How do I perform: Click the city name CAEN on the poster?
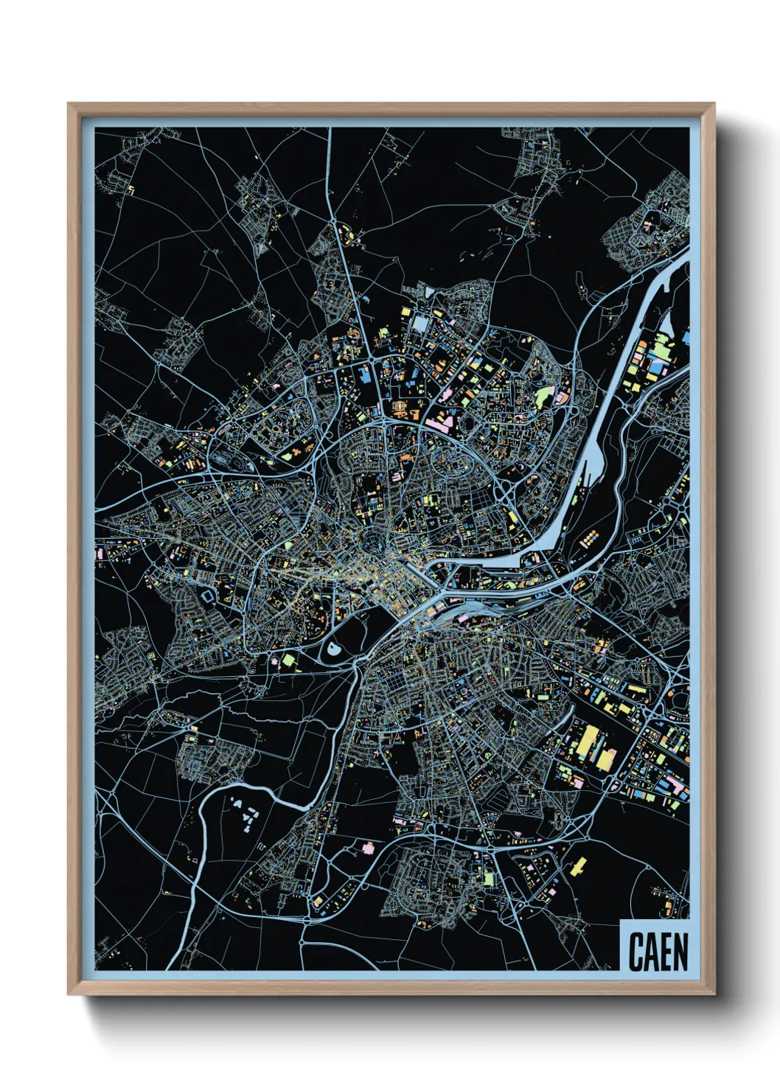[658, 952]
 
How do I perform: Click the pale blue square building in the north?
[420, 323]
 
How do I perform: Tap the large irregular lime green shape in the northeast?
[542, 396]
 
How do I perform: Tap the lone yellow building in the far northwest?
[132, 190]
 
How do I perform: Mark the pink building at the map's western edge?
[98, 551]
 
